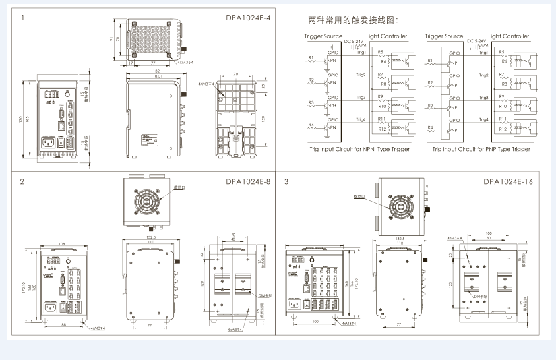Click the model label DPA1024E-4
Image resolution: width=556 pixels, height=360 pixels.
click(x=248, y=18)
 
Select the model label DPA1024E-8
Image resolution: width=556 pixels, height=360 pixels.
click(x=248, y=181)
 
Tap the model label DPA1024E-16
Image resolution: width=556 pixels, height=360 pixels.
click(x=507, y=181)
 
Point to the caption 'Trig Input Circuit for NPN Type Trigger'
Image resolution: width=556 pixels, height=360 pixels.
click(x=360, y=149)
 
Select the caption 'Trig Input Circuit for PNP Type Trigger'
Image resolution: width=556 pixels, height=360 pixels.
click(x=481, y=149)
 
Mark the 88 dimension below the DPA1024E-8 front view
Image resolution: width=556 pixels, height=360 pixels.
click(x=63, y=324)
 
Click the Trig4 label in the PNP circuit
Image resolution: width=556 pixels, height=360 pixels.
click(x=483, y=119)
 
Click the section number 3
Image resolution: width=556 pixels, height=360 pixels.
click(x=286, y=181)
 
